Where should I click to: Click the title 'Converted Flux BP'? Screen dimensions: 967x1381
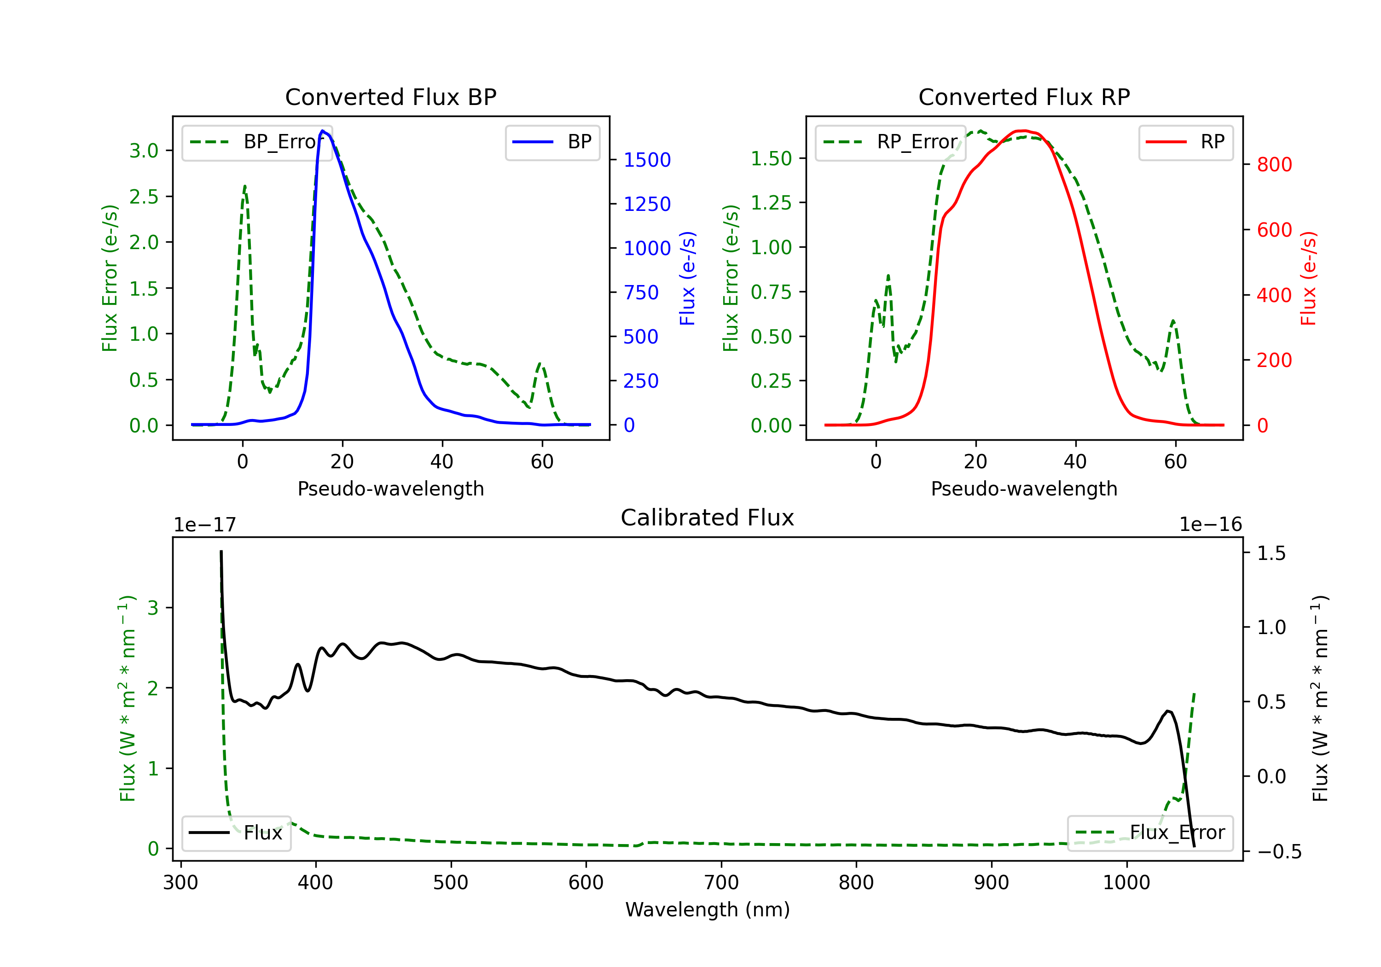pyautogui.click(x=390, y=97)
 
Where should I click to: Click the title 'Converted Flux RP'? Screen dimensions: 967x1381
pyautogui.click(x=1024, y=97)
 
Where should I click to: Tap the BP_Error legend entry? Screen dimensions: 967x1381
pyautogui.click(x=257, y=142)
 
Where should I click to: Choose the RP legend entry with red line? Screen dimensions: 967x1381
pyautogui.click(x=1185, y=142)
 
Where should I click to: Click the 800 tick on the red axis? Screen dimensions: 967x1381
pyautogui.click(x=1274, y=164)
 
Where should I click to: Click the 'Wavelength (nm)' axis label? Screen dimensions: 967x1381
pyautogui.click(x=708, y=909)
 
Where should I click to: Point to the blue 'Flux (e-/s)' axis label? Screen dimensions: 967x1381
pyautogui.click(x=687, y=278)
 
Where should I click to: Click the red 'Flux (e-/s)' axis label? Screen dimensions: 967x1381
pyautogui.click(x=1308, y=278)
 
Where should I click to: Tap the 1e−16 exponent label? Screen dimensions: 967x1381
pyautogui.click(x=1210, y=525)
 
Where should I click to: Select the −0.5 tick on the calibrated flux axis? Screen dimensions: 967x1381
pyautogui.click(x=1279, y=851)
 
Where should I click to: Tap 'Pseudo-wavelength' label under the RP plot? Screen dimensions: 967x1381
pyautogui.click(x=1024, y=489)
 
